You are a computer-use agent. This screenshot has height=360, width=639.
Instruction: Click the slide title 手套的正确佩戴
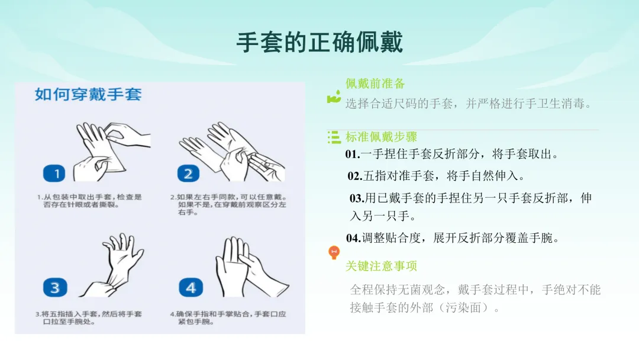coord(320,43)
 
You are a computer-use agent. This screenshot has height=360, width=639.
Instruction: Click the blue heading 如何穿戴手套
coord(88,95)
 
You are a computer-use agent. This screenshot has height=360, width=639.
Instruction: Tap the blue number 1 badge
coord(54,173)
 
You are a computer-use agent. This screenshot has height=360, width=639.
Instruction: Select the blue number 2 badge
coord(188,173)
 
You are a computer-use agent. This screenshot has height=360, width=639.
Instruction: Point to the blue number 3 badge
coord(55,287)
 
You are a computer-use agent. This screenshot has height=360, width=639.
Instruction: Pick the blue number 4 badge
coord(191,287)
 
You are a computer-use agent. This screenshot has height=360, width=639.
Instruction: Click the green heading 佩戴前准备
coord(375,83)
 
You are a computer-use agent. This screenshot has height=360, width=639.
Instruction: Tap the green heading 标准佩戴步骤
coord(381,137)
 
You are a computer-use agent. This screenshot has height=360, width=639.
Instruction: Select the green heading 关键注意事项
coord(381,266)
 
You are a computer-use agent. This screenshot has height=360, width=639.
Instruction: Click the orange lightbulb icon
coord(334,252)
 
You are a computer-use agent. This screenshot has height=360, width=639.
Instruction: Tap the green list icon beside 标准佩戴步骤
coord(334,137)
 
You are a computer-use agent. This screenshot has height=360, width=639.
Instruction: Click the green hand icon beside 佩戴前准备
coord(334,97)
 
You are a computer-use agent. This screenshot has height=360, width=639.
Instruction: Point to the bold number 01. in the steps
coord(353,154)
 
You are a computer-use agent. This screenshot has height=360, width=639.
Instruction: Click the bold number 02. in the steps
coord(355,176)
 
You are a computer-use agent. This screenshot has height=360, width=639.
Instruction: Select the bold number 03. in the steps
coord(357,198)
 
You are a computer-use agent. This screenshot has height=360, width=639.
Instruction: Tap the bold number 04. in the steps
coord(353,238)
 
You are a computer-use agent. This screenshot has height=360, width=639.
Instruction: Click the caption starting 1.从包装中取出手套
coord(89,201)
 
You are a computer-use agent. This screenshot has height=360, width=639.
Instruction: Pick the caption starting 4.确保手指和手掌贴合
coord(228,317)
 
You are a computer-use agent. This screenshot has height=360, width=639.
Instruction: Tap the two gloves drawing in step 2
coord(231,152)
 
